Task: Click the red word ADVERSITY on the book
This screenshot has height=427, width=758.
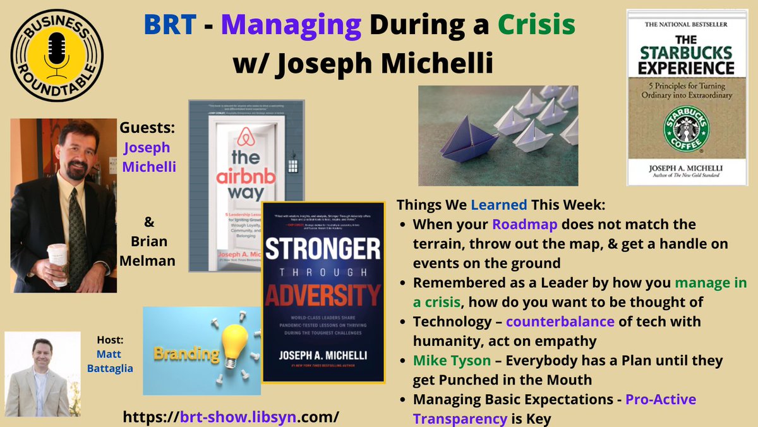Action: [x=323, y=295]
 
